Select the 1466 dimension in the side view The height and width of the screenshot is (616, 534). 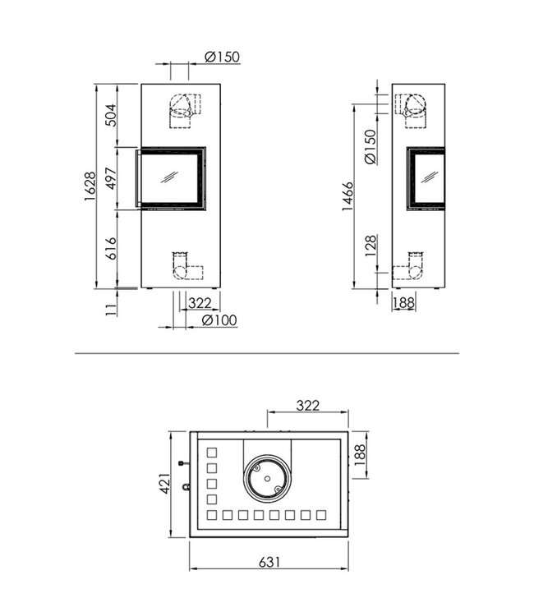coord(348,197)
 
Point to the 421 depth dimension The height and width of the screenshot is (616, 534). coord(165,484)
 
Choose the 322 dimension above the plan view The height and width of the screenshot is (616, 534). coord(307,406)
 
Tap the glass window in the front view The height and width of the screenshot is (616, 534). coord(172,177)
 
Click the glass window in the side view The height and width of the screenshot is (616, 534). coord(429,177)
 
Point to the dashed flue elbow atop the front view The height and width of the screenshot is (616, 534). coord(184,108)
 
